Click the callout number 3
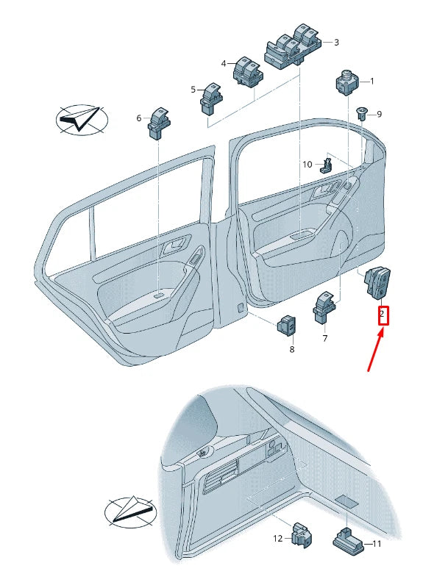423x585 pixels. click(x=336, y=43)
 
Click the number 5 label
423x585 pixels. click(x=193, y=90)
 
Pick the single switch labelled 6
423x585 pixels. click(x=159, y=123)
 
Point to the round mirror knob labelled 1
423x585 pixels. click(x=348, y=82)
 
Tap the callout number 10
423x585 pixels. click(x=308, y=164)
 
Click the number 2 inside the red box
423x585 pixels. click(x=382, y=314)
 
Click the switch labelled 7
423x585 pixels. click(x=324, y=307)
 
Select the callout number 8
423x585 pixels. click(x=292, y=349)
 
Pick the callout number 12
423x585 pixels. click(x=278, y=539)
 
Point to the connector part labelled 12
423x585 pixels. click(x=302, y=535)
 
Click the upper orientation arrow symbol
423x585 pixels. click(x=82, y=119)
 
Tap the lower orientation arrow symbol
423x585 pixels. click(x=130, y=512)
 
